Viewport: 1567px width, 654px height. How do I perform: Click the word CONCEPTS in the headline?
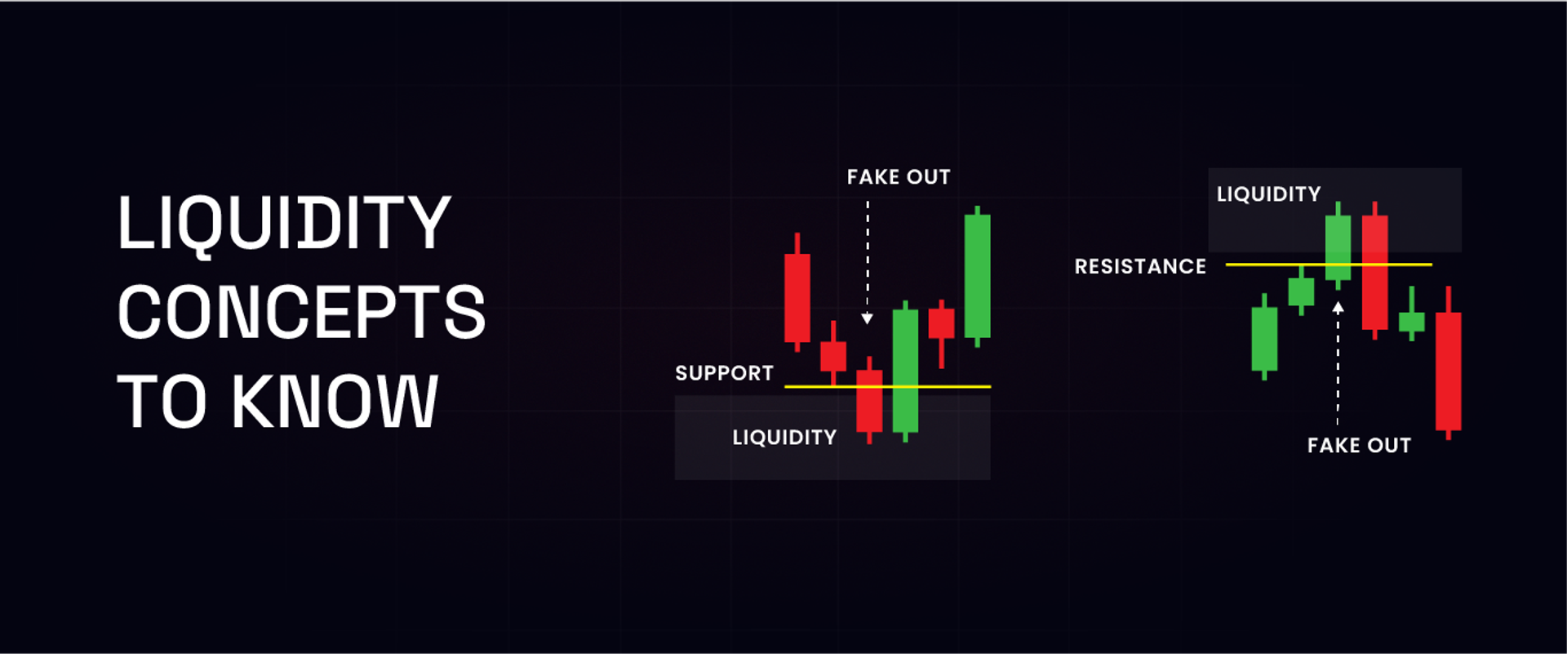301,312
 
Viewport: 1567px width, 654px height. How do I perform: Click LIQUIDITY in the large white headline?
284,223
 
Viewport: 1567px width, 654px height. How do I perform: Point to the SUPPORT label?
724,373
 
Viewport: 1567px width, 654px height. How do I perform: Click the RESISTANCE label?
1140,266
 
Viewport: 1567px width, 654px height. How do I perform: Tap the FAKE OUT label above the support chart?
899,177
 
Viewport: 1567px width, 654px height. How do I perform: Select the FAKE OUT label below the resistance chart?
1359,445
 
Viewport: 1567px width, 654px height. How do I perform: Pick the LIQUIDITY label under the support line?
784,438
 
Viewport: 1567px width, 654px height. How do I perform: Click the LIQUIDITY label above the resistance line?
1268,194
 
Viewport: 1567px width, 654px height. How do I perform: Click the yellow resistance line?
1404,265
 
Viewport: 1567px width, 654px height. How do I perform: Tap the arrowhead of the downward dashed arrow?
868,318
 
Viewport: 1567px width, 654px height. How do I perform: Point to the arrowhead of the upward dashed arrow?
1338,308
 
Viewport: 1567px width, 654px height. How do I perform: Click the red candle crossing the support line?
869,402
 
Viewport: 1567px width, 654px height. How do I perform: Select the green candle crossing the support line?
905,367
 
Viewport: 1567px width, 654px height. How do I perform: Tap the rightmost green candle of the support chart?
977,276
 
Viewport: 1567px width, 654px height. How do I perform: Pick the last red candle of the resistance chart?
1449,371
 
